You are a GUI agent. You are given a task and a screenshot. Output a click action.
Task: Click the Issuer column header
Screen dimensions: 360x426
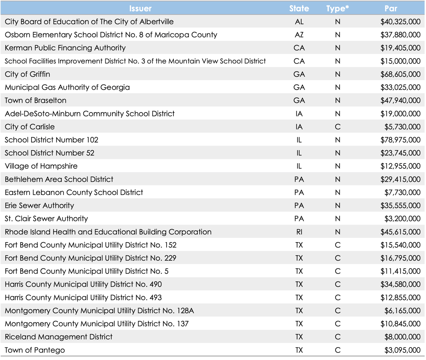click(x=140, y=8)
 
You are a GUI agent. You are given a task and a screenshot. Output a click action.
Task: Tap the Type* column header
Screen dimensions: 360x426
click(x=337, y=8)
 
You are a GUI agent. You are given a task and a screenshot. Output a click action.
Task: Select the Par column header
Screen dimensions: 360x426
click(x=391, y=8)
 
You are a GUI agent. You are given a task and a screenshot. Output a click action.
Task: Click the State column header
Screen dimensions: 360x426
click(x=299, y=8)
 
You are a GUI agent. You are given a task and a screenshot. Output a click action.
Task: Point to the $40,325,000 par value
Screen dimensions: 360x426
click(x=400, y=22)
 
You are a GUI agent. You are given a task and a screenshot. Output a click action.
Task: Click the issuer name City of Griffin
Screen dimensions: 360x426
click(x=27, y=74)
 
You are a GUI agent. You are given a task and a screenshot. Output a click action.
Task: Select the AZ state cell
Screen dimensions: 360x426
click(x=299, y=35)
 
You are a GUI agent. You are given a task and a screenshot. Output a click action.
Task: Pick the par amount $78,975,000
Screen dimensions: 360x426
click(x=400, y=140)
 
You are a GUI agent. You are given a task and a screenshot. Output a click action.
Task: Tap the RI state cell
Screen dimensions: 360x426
click(x=299, y=232)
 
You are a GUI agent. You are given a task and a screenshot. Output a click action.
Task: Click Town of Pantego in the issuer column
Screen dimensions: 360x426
click(x=35, y=350)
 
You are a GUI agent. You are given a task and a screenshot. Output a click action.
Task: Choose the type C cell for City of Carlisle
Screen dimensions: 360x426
click(x=337, y=127)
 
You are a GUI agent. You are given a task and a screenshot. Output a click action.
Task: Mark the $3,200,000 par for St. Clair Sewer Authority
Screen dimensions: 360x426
click(x=402, y=219)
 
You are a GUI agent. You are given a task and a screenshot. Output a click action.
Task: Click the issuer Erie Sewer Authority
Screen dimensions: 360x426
click(x=39, y=206)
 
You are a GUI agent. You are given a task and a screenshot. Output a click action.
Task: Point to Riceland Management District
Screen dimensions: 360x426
click(x=59, y=337)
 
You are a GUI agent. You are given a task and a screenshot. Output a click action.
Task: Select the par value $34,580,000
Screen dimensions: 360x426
click(x=400, y=284)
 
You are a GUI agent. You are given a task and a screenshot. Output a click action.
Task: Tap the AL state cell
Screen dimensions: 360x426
click(x=299, y=22)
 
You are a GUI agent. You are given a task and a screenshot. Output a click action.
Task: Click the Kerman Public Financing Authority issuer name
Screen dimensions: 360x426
click(x=65, y=48)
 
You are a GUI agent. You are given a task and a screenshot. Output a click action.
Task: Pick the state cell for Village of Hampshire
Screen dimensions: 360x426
click(x=299, y=166)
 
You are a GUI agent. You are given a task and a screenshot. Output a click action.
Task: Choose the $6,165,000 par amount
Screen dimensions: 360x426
click(x=402, y=311)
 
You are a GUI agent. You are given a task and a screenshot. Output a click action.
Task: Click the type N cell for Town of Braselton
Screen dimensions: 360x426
click(x=337, y=100)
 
